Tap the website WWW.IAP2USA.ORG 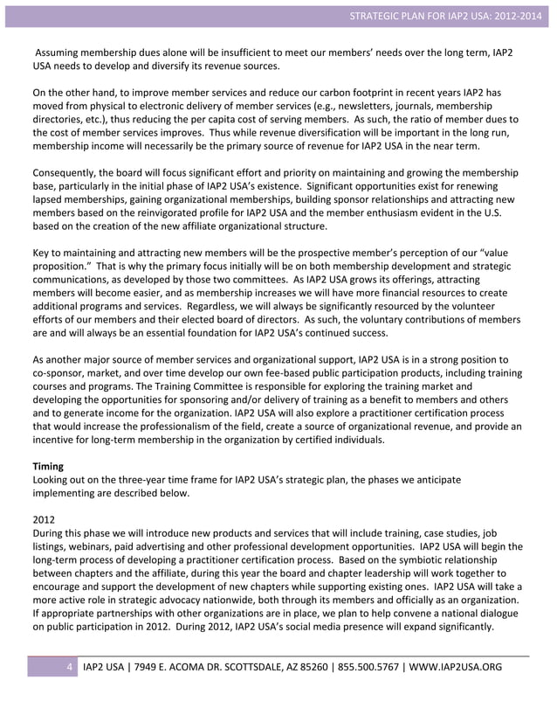click(x=456, y=668)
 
